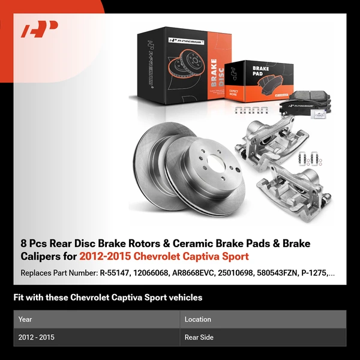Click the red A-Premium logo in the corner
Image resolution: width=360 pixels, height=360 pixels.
[40, 29]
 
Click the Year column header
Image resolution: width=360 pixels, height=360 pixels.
[26, 319]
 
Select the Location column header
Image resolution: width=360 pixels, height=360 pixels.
[198, 319]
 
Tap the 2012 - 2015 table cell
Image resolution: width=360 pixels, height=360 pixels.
[37, 337]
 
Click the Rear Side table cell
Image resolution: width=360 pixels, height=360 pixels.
[199, 337]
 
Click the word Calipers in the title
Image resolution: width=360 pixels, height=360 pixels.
[42, 257]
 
